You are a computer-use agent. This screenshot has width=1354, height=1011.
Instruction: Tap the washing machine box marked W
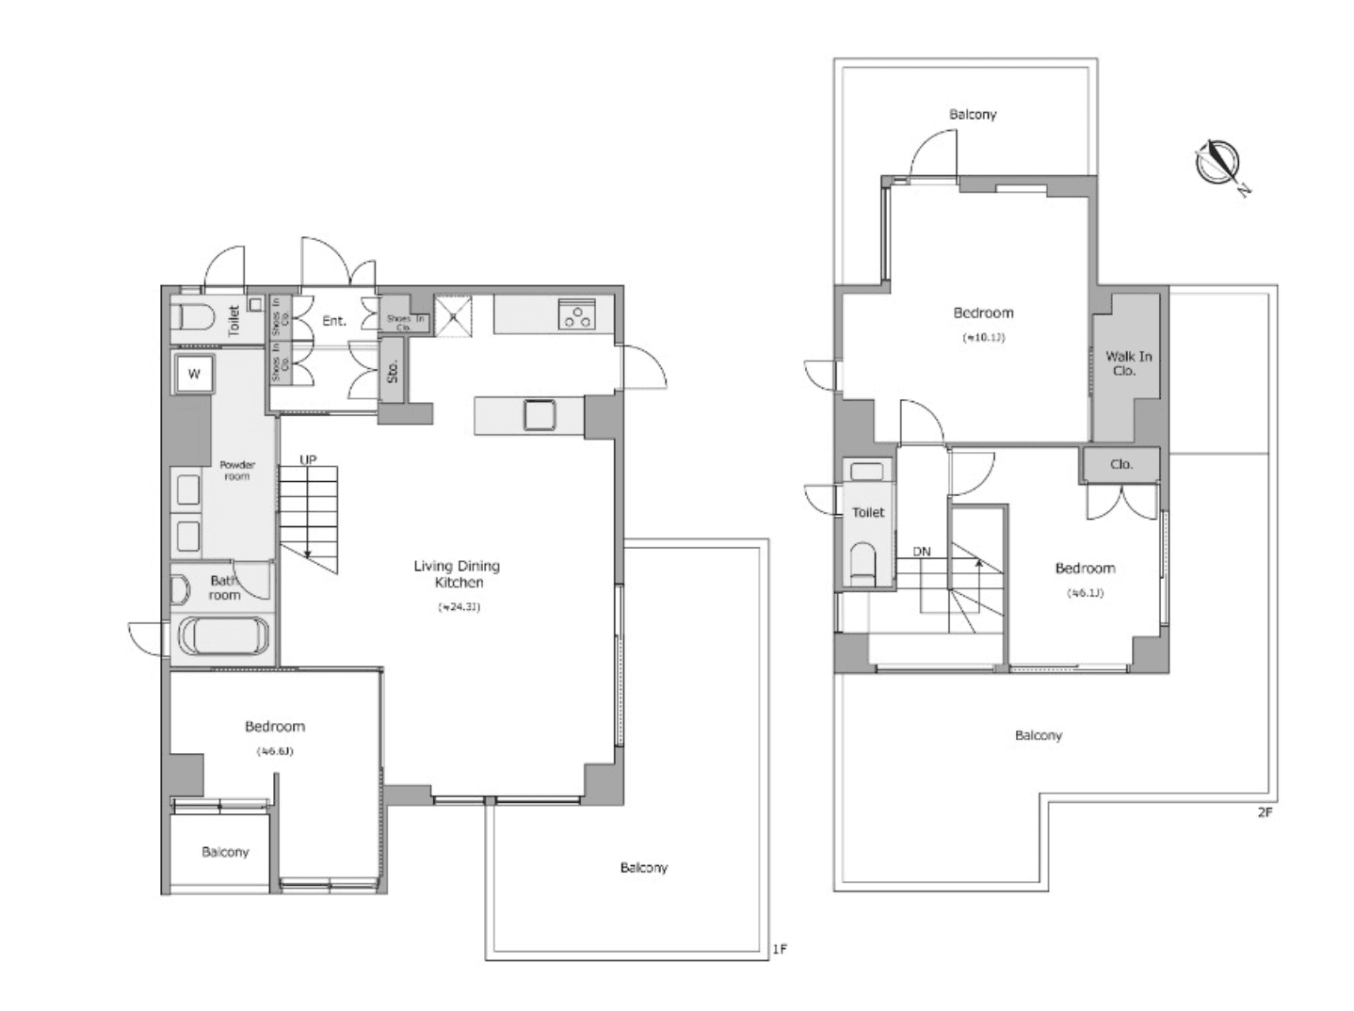(193, 374)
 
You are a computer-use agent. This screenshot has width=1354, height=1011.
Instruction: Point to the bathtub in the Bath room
(224, 635)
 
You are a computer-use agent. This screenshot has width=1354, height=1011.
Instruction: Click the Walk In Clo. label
(1127, 363)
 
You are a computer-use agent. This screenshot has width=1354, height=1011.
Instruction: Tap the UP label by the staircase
(308, 459)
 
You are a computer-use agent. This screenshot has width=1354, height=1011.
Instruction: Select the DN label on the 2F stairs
(921, 552)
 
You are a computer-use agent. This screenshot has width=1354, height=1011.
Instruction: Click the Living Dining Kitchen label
(457, 574)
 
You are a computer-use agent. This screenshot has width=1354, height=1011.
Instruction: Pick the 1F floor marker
(779, 949)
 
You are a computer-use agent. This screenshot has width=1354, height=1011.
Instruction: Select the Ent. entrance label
(334, 321)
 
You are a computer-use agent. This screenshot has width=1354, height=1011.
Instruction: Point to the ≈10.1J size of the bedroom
(982, 337)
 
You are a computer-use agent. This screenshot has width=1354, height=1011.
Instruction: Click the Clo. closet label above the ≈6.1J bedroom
(1120, 464)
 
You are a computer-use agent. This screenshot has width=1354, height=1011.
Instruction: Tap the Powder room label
(237, 470)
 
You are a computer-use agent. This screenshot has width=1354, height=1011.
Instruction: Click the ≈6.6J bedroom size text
(274, 751)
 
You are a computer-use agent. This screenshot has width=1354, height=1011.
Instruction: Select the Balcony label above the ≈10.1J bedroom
(973, 114)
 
